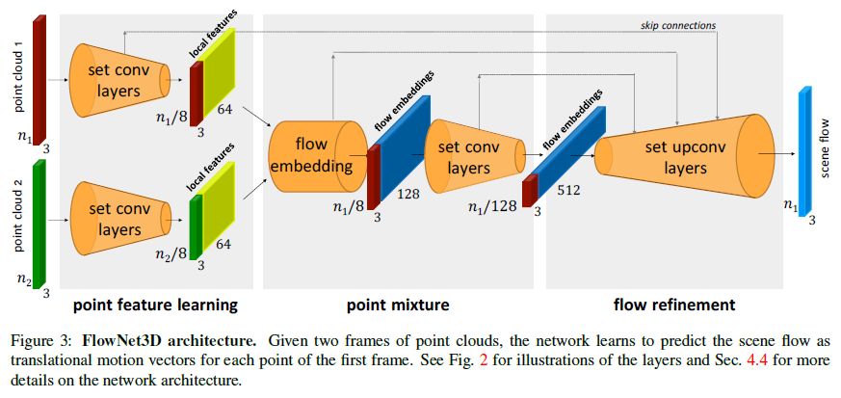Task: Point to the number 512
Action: (567, 191)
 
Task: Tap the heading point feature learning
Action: (156, 305)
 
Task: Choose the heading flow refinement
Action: (674, 305)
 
